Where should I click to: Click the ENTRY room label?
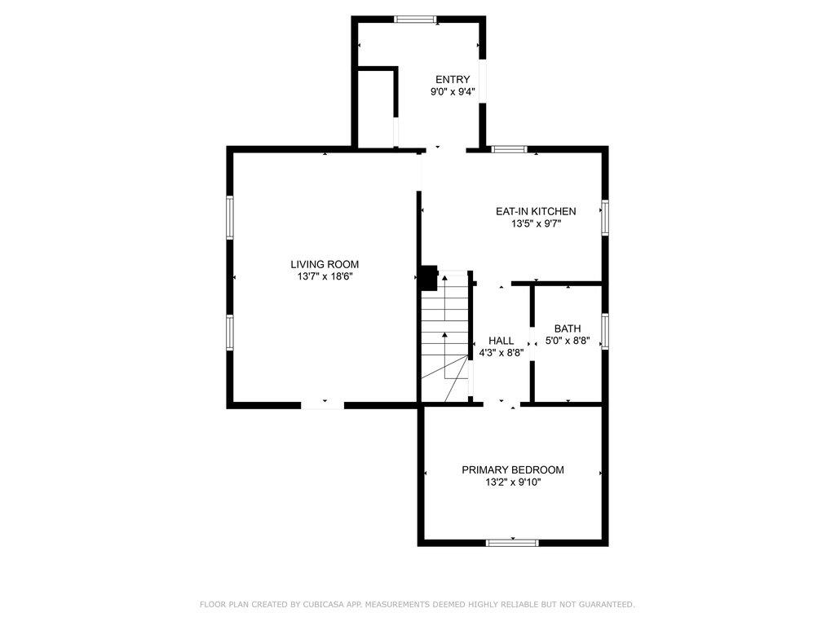(453, 80)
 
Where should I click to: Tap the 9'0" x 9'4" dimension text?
(453, 92)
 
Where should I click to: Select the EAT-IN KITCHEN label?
(536, 211)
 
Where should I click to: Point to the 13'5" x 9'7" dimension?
(536, 224)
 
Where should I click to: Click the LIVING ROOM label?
(325, 264)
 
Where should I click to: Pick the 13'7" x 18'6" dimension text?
(325, 277)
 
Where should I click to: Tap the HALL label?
(501, 341)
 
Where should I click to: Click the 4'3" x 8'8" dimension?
(501, 352)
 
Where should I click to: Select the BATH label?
(568, 328)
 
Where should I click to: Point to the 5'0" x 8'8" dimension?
(568, 341)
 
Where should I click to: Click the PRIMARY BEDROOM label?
(513, 470)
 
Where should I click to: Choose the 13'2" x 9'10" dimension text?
(513, 483)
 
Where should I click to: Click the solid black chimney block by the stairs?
(429, 277)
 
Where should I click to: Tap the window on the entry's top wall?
(415, 20)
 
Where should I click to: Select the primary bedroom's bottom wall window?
(512, 543)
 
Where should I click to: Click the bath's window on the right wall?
(605, 331)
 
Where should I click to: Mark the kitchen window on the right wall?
(605, 217)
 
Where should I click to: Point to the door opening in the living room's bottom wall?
(323, 406)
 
